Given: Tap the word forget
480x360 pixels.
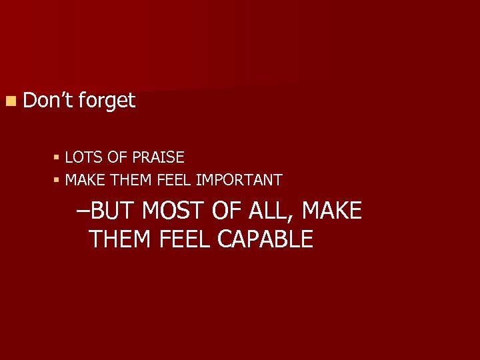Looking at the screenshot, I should point(107,101).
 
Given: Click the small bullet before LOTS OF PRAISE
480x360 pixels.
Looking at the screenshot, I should point(57,158).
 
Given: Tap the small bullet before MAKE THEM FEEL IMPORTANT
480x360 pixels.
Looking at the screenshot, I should point(57,180).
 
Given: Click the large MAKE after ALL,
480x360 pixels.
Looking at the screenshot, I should point(331,211).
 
